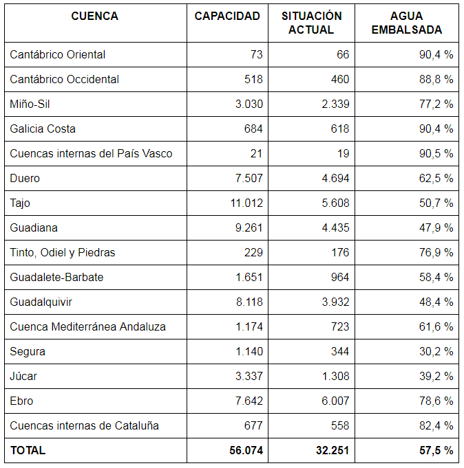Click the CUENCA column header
pyautogui.click(x=94, y=16)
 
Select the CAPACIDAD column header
pyautogui.click(x=227, y=16)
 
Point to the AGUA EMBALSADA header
pyautogui.click(x=406, y=23)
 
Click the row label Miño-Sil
pyautogui.click(x=30, y=104)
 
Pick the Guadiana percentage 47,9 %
pyautogui.click(x=436, y=227)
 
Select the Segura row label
pyautogui.click(x=28, y=351)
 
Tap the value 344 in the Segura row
pyautogui.click(x=339, y=351)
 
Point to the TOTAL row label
pyautogui.click(x=28, y=450)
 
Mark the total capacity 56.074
pyautogui.click(x=246, y=450)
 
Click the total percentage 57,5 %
pyautogui.click(x=436, y=450)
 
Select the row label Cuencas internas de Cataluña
pyautogui.click(x=84, y=425)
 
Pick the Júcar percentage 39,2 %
pyautogui.click(x=436, y=376)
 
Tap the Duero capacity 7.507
pyautogui.click(x=249, y=178)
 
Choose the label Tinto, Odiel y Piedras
pyautogui.click(x=63, y=252)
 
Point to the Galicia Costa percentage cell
pyautogui.click(x=436, y=129)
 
